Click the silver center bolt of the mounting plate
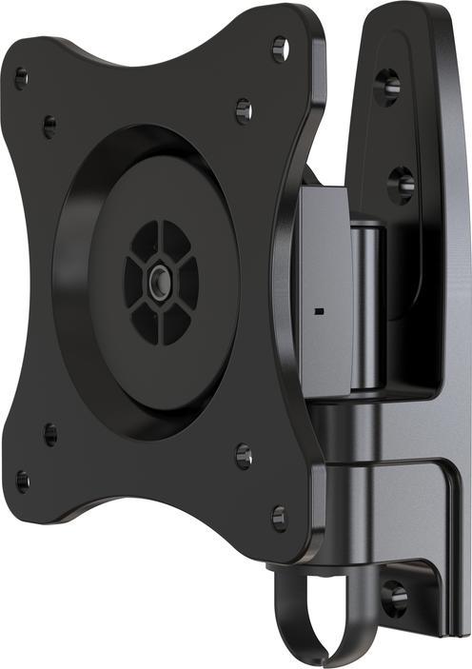point(159,281)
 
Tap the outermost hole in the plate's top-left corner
point(21,78)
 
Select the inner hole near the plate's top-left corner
point(49,125)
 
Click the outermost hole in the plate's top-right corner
point(279,47)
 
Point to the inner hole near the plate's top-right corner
point(243,109)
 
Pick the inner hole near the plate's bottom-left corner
point(50,435)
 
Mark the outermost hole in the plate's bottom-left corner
point(22,481)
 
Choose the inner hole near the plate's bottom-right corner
point(244,456)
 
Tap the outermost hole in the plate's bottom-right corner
point(279,519)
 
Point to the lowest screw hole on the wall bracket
point(394,598)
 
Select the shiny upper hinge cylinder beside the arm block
point(367,305)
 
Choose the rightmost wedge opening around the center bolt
point(187,281)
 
